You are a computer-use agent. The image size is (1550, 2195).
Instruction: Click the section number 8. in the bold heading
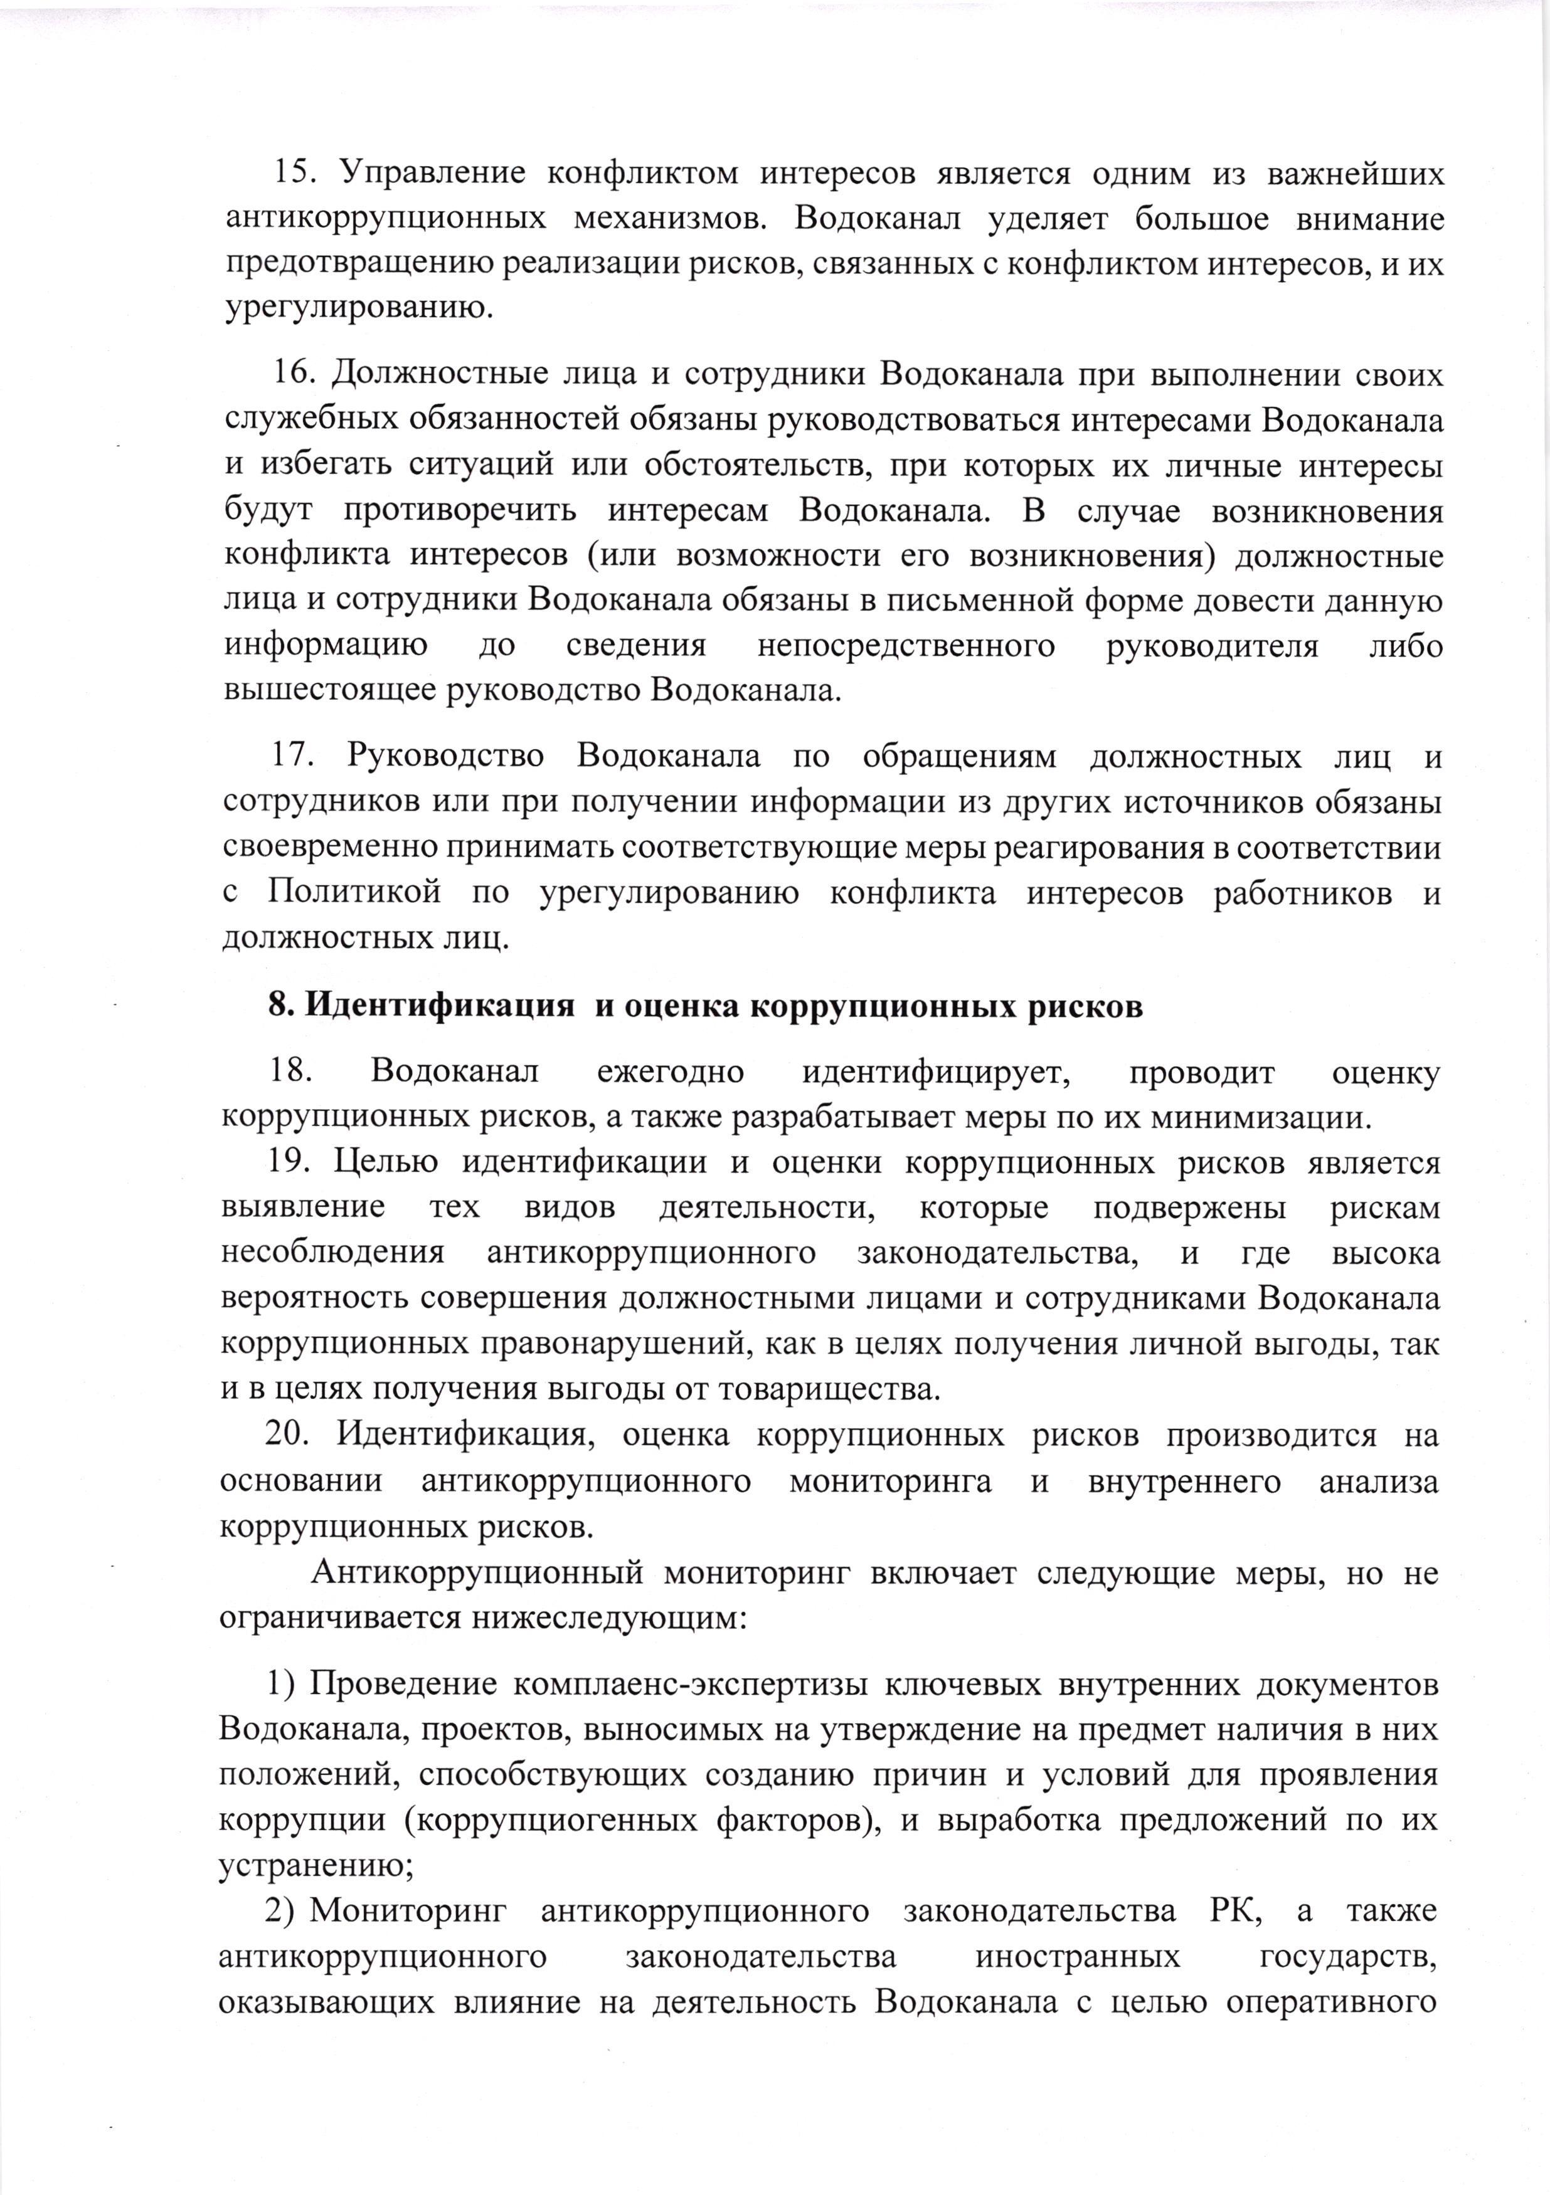tap(281, 1007)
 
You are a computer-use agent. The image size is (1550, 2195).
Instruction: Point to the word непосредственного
tap(906, 646)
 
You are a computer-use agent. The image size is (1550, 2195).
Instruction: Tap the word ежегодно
tap(671, 1071)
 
